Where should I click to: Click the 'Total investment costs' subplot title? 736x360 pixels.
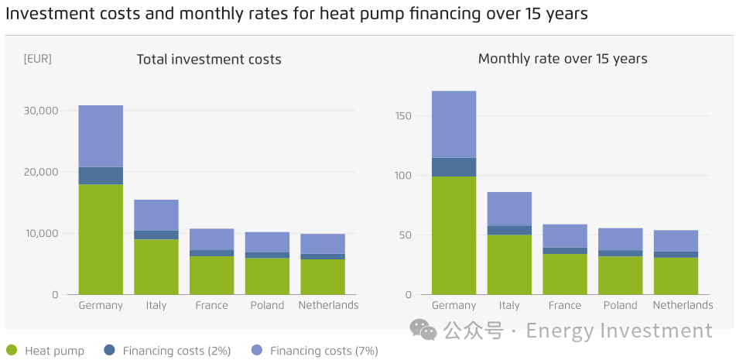209,60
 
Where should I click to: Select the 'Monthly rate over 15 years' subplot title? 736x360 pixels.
563,59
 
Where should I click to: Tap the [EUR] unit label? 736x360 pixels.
38,59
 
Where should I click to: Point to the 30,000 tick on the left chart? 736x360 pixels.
41,111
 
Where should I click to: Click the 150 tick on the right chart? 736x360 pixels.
402,116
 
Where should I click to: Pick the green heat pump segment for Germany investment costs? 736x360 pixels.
101,239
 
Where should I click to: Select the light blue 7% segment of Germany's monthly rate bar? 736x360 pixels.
454,125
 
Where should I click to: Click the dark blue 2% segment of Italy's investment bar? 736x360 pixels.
156,235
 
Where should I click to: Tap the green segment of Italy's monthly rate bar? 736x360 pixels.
509,264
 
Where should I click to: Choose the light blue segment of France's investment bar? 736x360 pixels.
212,239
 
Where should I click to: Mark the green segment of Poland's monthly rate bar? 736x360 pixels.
621,275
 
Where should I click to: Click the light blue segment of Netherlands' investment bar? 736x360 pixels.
323,244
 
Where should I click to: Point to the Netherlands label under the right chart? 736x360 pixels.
683,305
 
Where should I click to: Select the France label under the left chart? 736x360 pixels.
212,305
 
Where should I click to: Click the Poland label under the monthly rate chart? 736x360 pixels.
621,305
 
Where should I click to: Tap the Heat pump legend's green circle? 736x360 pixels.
12,351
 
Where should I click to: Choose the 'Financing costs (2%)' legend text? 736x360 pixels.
176,351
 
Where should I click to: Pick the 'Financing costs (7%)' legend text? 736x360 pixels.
323,351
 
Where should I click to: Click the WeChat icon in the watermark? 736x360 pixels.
423,331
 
